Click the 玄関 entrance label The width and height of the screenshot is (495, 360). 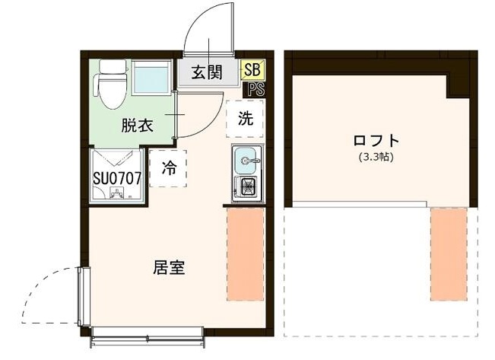pyautogui.click(x=206, y=73)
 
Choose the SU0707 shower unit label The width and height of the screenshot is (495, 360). pyautogui.click(x=117, y=178)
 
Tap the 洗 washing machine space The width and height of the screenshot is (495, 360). pyautogui.click(x=245, y=119)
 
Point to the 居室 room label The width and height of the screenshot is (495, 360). pyautogui.click(x=169, y=268)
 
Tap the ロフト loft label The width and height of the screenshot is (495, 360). pyautogui.click(x=376, y=141)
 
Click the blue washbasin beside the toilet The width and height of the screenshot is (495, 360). pyautogui.click(x=151, y=79)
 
